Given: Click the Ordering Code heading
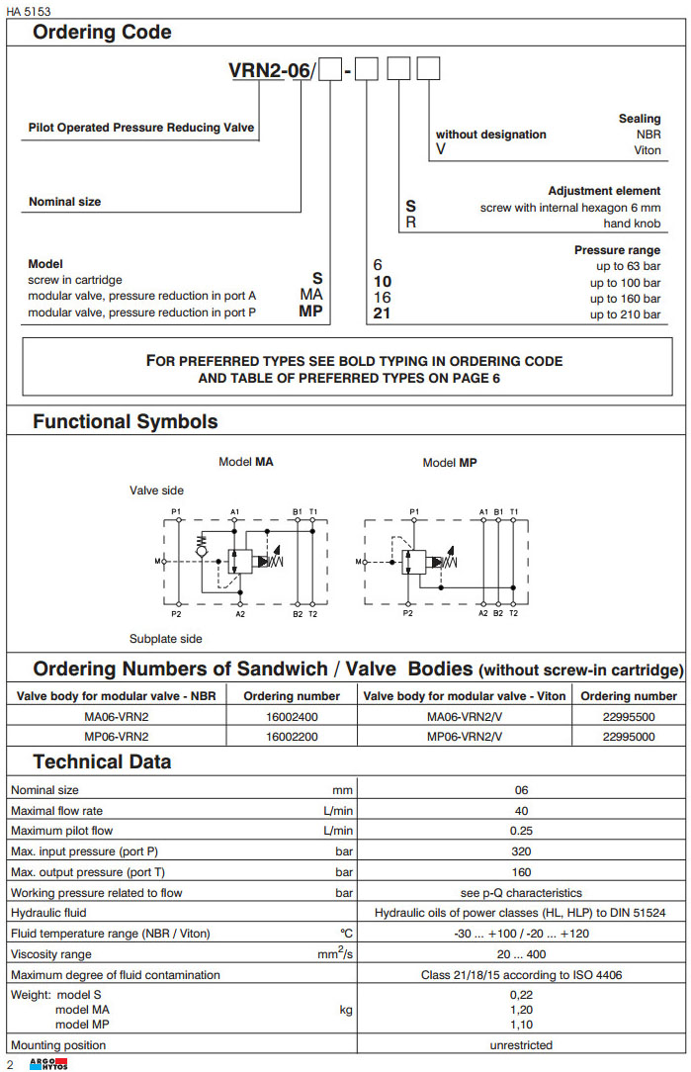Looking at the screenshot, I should pos(102,32).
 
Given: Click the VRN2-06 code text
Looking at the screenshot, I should pos(269,71).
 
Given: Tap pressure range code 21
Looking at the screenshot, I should pos(382,313).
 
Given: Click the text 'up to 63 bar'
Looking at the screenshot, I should pos(626,266).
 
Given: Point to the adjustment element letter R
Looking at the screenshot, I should pos(411,223).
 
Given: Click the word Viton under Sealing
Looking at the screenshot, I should pos(647,151).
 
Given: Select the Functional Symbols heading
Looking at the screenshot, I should pos(126,421).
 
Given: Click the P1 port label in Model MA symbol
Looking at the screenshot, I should pos(176,511).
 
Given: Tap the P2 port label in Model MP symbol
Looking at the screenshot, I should pos(407,613).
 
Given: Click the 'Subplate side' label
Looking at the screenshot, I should pos(166,639).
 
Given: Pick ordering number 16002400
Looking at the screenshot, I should pos(292,716).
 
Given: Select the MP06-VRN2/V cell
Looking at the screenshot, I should pos(465,736).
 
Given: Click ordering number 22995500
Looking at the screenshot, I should pos(629,716).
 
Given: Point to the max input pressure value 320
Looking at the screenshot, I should pos(521,851).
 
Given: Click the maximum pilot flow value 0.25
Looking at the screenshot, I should pos(521,831).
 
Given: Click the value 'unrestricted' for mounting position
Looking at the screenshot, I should pos(521,1045).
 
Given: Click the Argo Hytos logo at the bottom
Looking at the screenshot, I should pos(49,1063).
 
